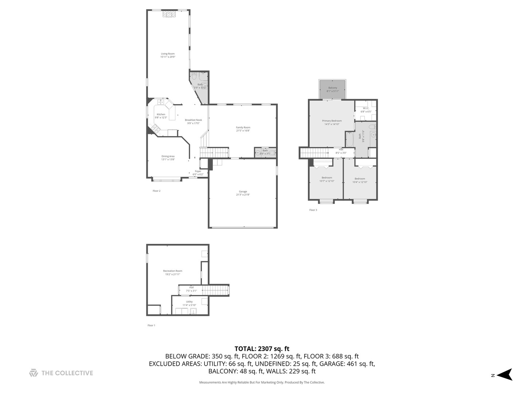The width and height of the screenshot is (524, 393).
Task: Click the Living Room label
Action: [168, 55]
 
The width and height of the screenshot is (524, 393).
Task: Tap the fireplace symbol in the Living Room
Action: [169, 14]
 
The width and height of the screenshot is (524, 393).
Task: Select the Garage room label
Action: [243, 193]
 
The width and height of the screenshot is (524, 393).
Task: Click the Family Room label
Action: [243, 129]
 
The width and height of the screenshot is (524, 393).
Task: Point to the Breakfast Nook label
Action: [193, 122]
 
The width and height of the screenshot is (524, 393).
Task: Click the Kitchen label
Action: [161, 116]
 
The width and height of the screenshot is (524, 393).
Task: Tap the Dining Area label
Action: [168, 158]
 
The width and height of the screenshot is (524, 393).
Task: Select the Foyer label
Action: [198, 172]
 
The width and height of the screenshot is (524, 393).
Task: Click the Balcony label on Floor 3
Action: [333, 89]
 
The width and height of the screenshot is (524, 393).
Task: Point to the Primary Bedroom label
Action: [332, 122]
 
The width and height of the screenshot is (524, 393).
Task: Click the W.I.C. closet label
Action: [366, 110]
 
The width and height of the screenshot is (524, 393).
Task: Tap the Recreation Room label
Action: [172, 273]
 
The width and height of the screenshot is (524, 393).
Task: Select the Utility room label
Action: [189, 303]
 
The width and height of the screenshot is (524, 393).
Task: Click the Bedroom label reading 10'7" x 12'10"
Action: [327, 179]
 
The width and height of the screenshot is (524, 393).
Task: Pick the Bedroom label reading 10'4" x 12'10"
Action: [360, 180]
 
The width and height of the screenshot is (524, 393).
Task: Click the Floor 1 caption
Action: [151, 325]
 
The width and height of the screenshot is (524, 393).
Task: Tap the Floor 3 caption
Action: [313, 210]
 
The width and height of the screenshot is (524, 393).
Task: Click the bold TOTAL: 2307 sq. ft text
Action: [262, 349]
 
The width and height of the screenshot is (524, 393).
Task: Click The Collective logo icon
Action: [33, 373]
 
